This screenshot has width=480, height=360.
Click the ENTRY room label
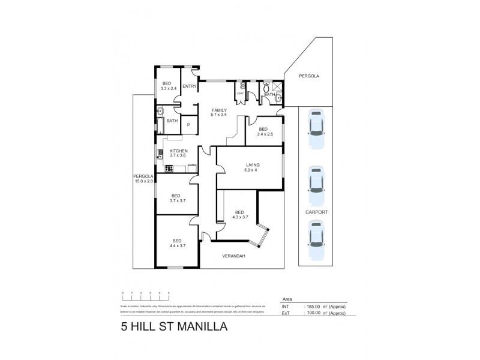tap(190, 86)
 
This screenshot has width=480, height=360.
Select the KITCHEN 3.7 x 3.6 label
tap(178, 154)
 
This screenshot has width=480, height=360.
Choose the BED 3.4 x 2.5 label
tap(263, 131)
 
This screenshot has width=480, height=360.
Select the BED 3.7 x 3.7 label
tap(176, 198)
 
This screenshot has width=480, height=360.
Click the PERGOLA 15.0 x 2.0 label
tap(143, 178)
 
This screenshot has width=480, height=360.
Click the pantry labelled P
tap(188, 125)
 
